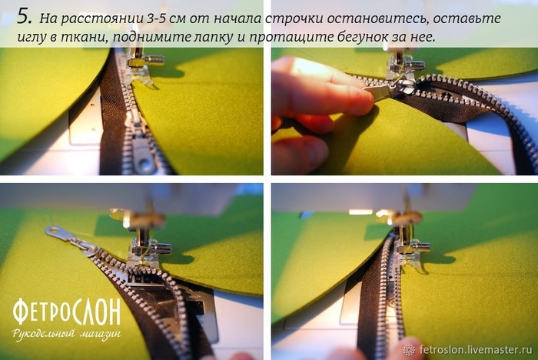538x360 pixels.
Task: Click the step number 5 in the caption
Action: click(x=24, y=17)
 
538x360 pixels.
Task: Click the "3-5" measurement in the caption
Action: click(x=158, y=18)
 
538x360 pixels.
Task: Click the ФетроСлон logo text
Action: click(x=67, y=312)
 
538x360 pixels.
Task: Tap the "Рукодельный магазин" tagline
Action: click(x=67, y=334)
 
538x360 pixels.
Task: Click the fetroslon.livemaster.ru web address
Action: click(x=476, y=350)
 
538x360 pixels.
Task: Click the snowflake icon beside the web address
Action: click(x=409, y=350)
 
